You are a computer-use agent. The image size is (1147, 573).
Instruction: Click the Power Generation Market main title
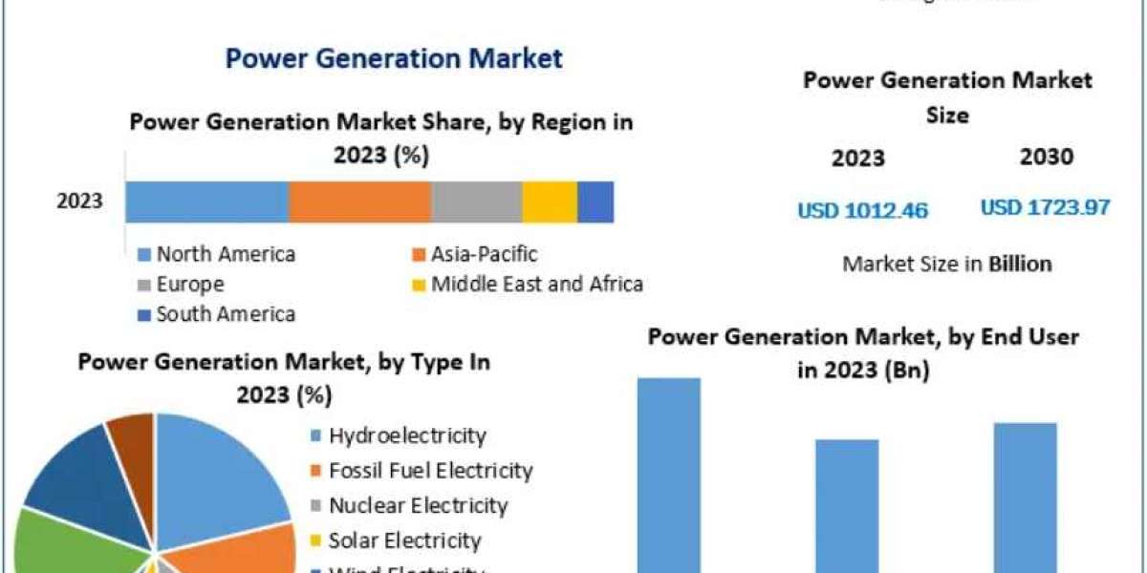[394, 58]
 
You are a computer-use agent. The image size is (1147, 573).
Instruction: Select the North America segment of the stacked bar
[206, 202]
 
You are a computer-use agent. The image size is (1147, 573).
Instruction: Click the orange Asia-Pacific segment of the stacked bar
[359, 202]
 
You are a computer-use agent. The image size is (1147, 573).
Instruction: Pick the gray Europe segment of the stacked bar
[476, 202]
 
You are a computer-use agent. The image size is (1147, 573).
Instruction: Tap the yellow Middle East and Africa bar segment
[550, 202]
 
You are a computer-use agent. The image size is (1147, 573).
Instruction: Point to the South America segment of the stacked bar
[595, 202]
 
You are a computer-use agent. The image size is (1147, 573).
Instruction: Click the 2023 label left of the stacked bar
[80, 202]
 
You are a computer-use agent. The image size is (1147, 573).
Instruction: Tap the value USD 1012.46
[863, 210]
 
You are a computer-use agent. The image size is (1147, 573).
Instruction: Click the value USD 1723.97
[1045, 206]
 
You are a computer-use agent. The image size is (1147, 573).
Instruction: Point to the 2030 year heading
[1046, 158]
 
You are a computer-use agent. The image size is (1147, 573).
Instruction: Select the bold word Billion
[1020, 264]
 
